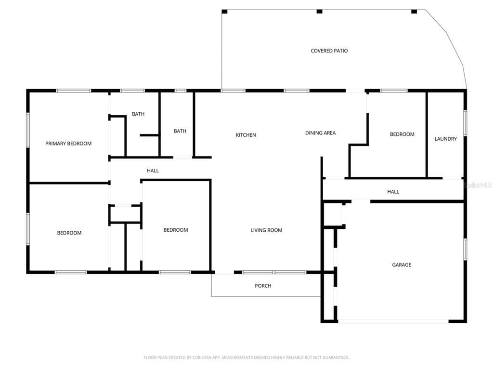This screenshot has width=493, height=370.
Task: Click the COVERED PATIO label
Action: tap(329, 51)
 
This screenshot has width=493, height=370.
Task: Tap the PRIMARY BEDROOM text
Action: tap(68, 144)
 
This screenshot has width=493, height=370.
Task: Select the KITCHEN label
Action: tap(246, 135)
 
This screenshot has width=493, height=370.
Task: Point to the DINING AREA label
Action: tap(320, 133)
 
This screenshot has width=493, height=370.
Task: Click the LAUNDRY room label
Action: tap(445, 139)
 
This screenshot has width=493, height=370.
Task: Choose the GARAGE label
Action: tap(402, 265)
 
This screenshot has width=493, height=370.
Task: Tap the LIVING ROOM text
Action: tap(266, 230)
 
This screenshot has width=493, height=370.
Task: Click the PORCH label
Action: tap(263, 286)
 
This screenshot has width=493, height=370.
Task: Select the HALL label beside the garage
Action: tap(393, 192)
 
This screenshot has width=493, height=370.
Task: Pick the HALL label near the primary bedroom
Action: tap(153, 171)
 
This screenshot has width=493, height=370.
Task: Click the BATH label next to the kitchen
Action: tap(180, 131)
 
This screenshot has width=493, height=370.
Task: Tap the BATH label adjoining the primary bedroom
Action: tap(138, 114)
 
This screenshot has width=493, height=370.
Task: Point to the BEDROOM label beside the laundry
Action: tap(402, 134)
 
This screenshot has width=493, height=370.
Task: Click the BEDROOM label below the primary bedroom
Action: tap(69, 233)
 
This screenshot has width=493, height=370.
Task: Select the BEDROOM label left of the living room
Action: tap(176, 230)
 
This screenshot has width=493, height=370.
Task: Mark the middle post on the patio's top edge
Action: tap(319, 11)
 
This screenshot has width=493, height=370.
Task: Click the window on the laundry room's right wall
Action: tap(465, 123)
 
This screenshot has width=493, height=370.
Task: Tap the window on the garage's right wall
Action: tap(465, 249)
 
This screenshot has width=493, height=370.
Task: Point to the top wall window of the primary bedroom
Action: tap(74, 91)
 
